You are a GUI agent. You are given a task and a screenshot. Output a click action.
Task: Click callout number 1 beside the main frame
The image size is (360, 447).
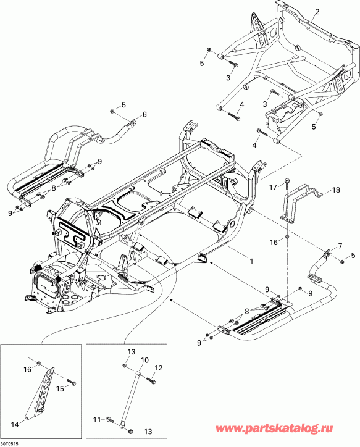[x=251, y=261]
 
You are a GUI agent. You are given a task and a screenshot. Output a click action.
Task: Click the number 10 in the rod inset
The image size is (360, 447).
[x=145, y=360]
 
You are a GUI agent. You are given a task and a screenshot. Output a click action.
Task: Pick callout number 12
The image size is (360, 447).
[x=158, y=368]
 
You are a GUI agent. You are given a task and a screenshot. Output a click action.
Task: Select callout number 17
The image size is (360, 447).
[x=272, y=186]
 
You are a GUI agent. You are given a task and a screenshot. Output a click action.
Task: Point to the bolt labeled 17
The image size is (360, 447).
[x=287, y=181]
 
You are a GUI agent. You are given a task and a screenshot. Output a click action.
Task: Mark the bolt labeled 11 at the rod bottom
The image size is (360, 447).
[x=109, y=422]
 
